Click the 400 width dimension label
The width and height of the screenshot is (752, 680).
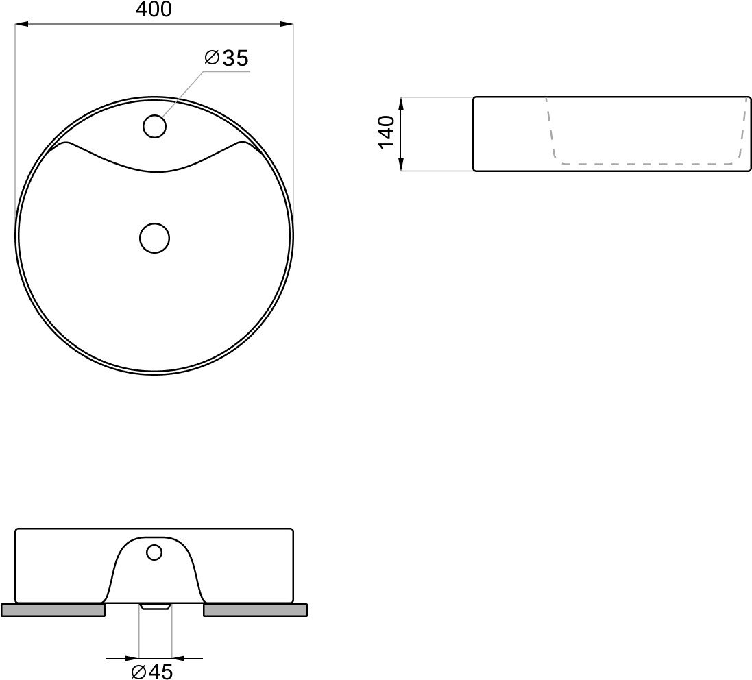154,9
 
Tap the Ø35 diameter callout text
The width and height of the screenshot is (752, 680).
227,58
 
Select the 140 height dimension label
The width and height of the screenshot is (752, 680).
386,133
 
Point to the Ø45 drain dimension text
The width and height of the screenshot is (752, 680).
152,672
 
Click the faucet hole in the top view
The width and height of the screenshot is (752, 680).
154,127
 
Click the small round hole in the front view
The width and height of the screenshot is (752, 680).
154,552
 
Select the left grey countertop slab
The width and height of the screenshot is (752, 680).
53,610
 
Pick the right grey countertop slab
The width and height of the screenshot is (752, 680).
256,610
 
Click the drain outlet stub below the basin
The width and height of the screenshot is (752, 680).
155,607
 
